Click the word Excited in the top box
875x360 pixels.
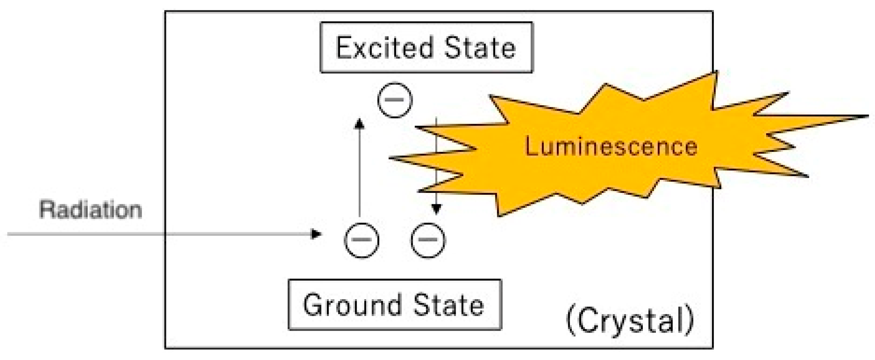tap(385, 48)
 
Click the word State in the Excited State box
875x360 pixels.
tap(480, 48)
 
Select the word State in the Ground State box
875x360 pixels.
tap(449, 305)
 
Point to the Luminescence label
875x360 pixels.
tap(611, 146)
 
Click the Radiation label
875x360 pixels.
tap(90, 210)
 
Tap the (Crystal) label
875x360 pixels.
tap(630, 321)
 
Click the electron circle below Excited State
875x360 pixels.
tap(395, 100)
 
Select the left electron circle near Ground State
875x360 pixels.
tap(361, 240)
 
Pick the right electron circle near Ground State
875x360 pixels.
tap(428, 240)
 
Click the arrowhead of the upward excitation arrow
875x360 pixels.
tap(359, 124)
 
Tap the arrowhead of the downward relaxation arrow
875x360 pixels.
tap(436, 209)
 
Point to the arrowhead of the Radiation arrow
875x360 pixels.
tap(316, 234)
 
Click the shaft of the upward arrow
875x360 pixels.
tap(359, 171)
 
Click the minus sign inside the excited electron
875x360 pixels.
tap(395, 99)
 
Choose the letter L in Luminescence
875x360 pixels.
tap(532, 146)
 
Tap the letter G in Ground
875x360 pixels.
tap(314, 305)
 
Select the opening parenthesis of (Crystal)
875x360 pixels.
tap(570, 321)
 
